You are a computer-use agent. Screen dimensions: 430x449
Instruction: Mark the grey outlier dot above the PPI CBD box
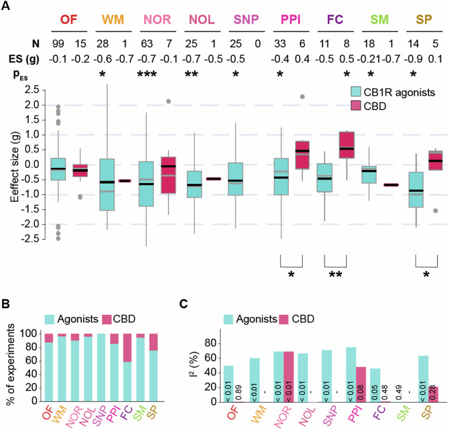click(301, 97)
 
